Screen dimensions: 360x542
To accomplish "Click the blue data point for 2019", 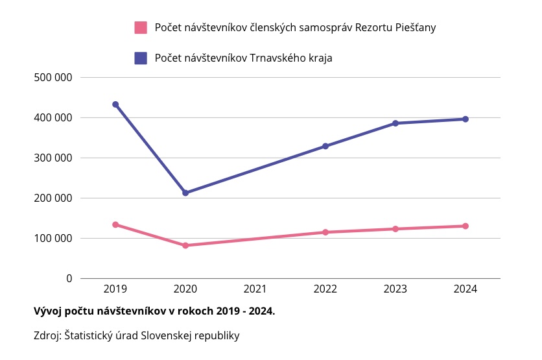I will pos(115,104).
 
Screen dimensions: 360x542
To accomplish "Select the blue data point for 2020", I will pos(185,193).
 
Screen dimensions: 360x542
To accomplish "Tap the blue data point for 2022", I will pos(325,146).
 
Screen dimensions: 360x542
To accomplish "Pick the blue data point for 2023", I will pos(395,123).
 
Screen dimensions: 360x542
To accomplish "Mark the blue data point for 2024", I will pos(465,119).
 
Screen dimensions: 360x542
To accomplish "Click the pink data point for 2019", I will pos(115,224).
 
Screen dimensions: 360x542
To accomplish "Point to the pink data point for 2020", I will pos(185,245).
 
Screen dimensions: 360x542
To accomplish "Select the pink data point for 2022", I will pos(325,232).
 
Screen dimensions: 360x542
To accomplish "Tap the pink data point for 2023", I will pos(395,228).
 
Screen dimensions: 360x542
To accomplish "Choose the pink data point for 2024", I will pos(465,226).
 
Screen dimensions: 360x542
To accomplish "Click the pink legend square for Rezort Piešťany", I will pos(141,27).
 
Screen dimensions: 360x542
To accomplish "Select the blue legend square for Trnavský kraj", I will pos(141,58).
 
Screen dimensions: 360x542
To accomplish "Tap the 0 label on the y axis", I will pos(68,278).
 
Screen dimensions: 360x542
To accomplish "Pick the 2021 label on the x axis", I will pos(255,289).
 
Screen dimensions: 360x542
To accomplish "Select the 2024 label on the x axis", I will pos(465,289).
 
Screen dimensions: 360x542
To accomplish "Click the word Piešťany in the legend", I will pos(414,28).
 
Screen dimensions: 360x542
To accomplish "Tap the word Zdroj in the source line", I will pos(47,336).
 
